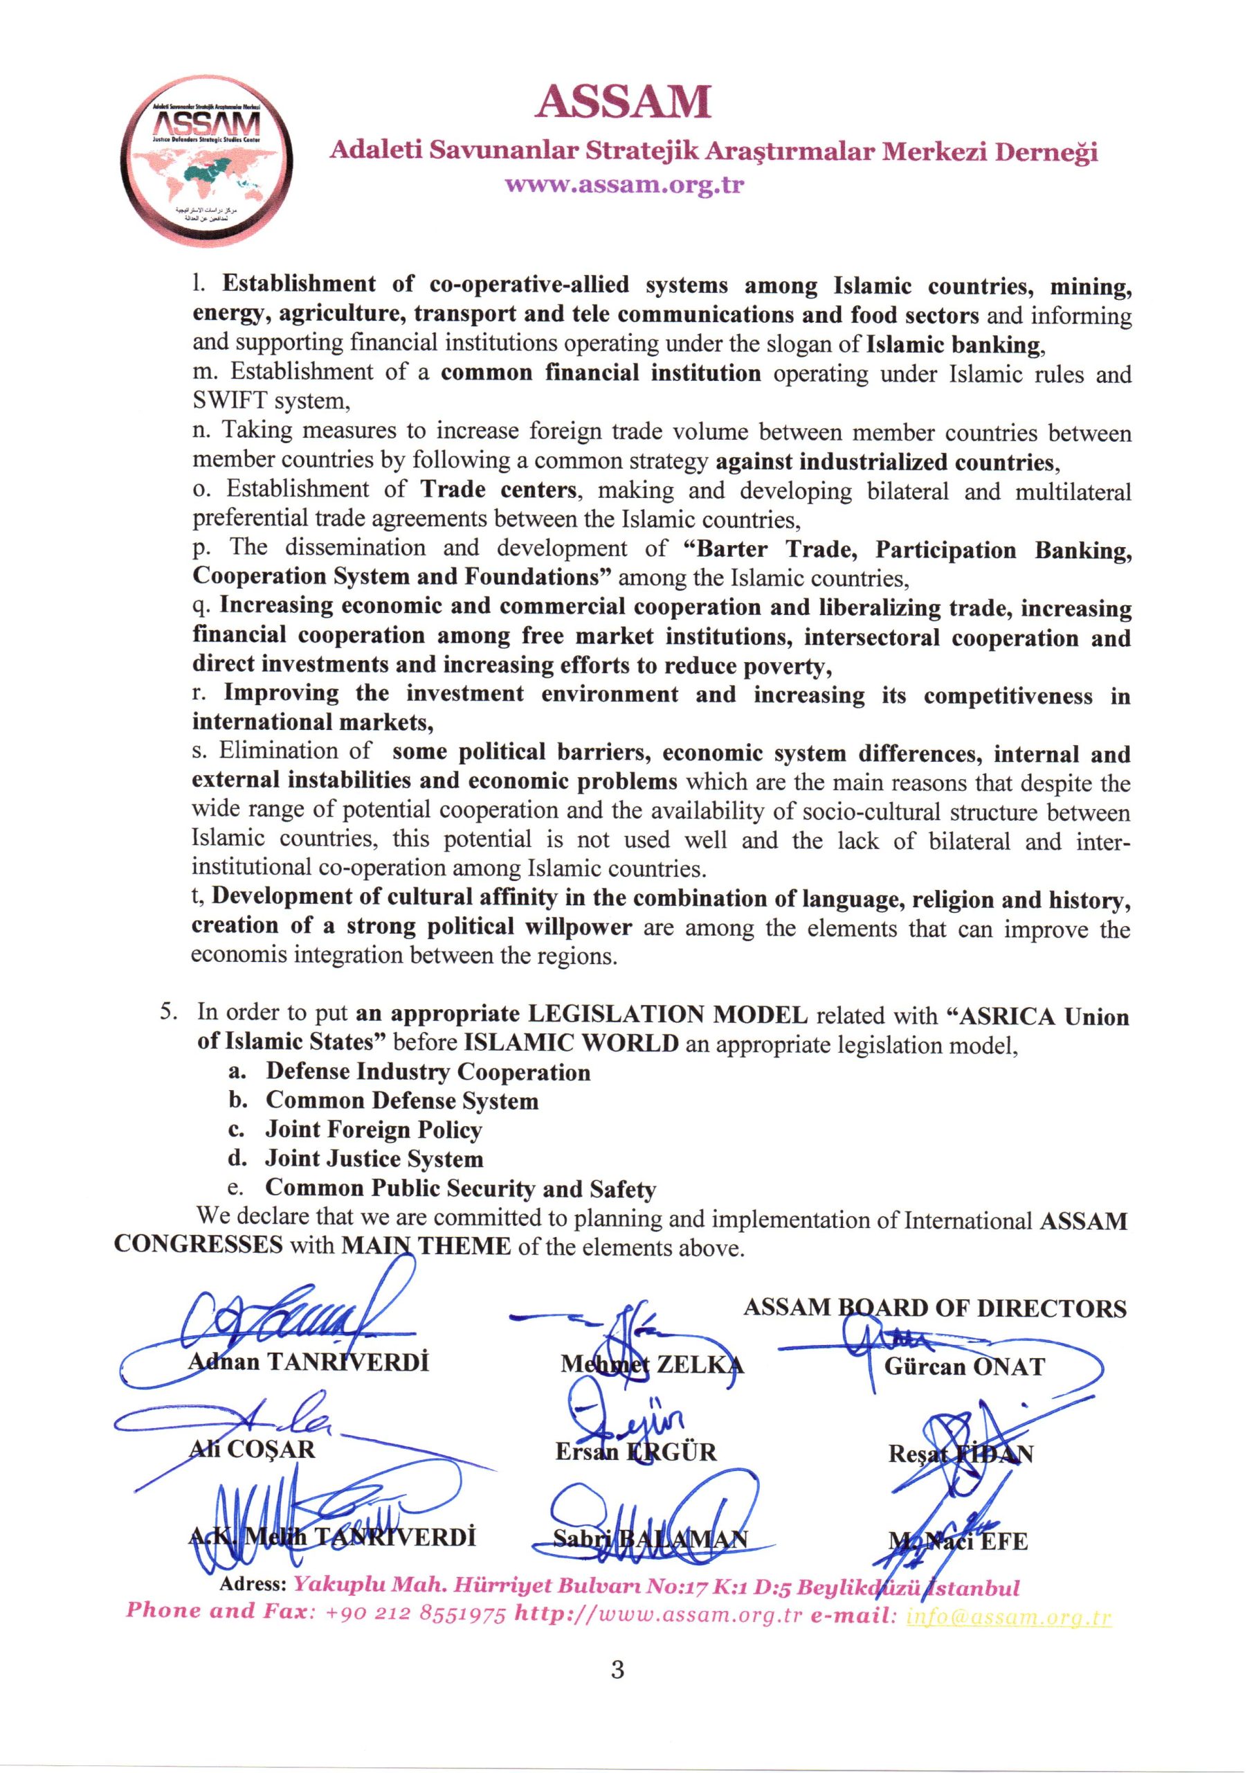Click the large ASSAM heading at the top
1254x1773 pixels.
pos(622,103)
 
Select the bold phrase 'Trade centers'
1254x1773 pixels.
pos(499,490)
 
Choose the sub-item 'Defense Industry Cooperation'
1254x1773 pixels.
pos(428,1072)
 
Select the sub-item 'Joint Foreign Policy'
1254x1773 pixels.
pos(374,1130)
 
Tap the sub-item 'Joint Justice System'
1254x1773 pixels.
pos(374,1159)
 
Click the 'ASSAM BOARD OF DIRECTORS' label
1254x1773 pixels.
pos(934,1308)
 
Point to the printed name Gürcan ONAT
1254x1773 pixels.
pos(965,1366)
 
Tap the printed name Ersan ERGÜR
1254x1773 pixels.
pos(635,1452)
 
